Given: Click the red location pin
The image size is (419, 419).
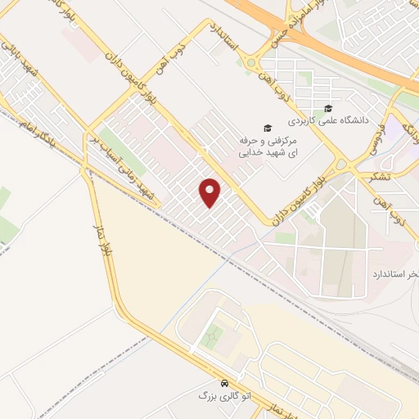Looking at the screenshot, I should (x=210, y=191).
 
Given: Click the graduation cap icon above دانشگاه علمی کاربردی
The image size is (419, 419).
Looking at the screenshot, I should (x=328, y=109).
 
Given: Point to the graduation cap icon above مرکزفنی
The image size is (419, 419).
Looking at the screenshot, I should (x=265, y=128).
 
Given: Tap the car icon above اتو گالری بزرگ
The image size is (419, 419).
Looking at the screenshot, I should (x=223, y=383).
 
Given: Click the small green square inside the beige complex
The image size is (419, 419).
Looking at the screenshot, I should (x=214, y=336).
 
